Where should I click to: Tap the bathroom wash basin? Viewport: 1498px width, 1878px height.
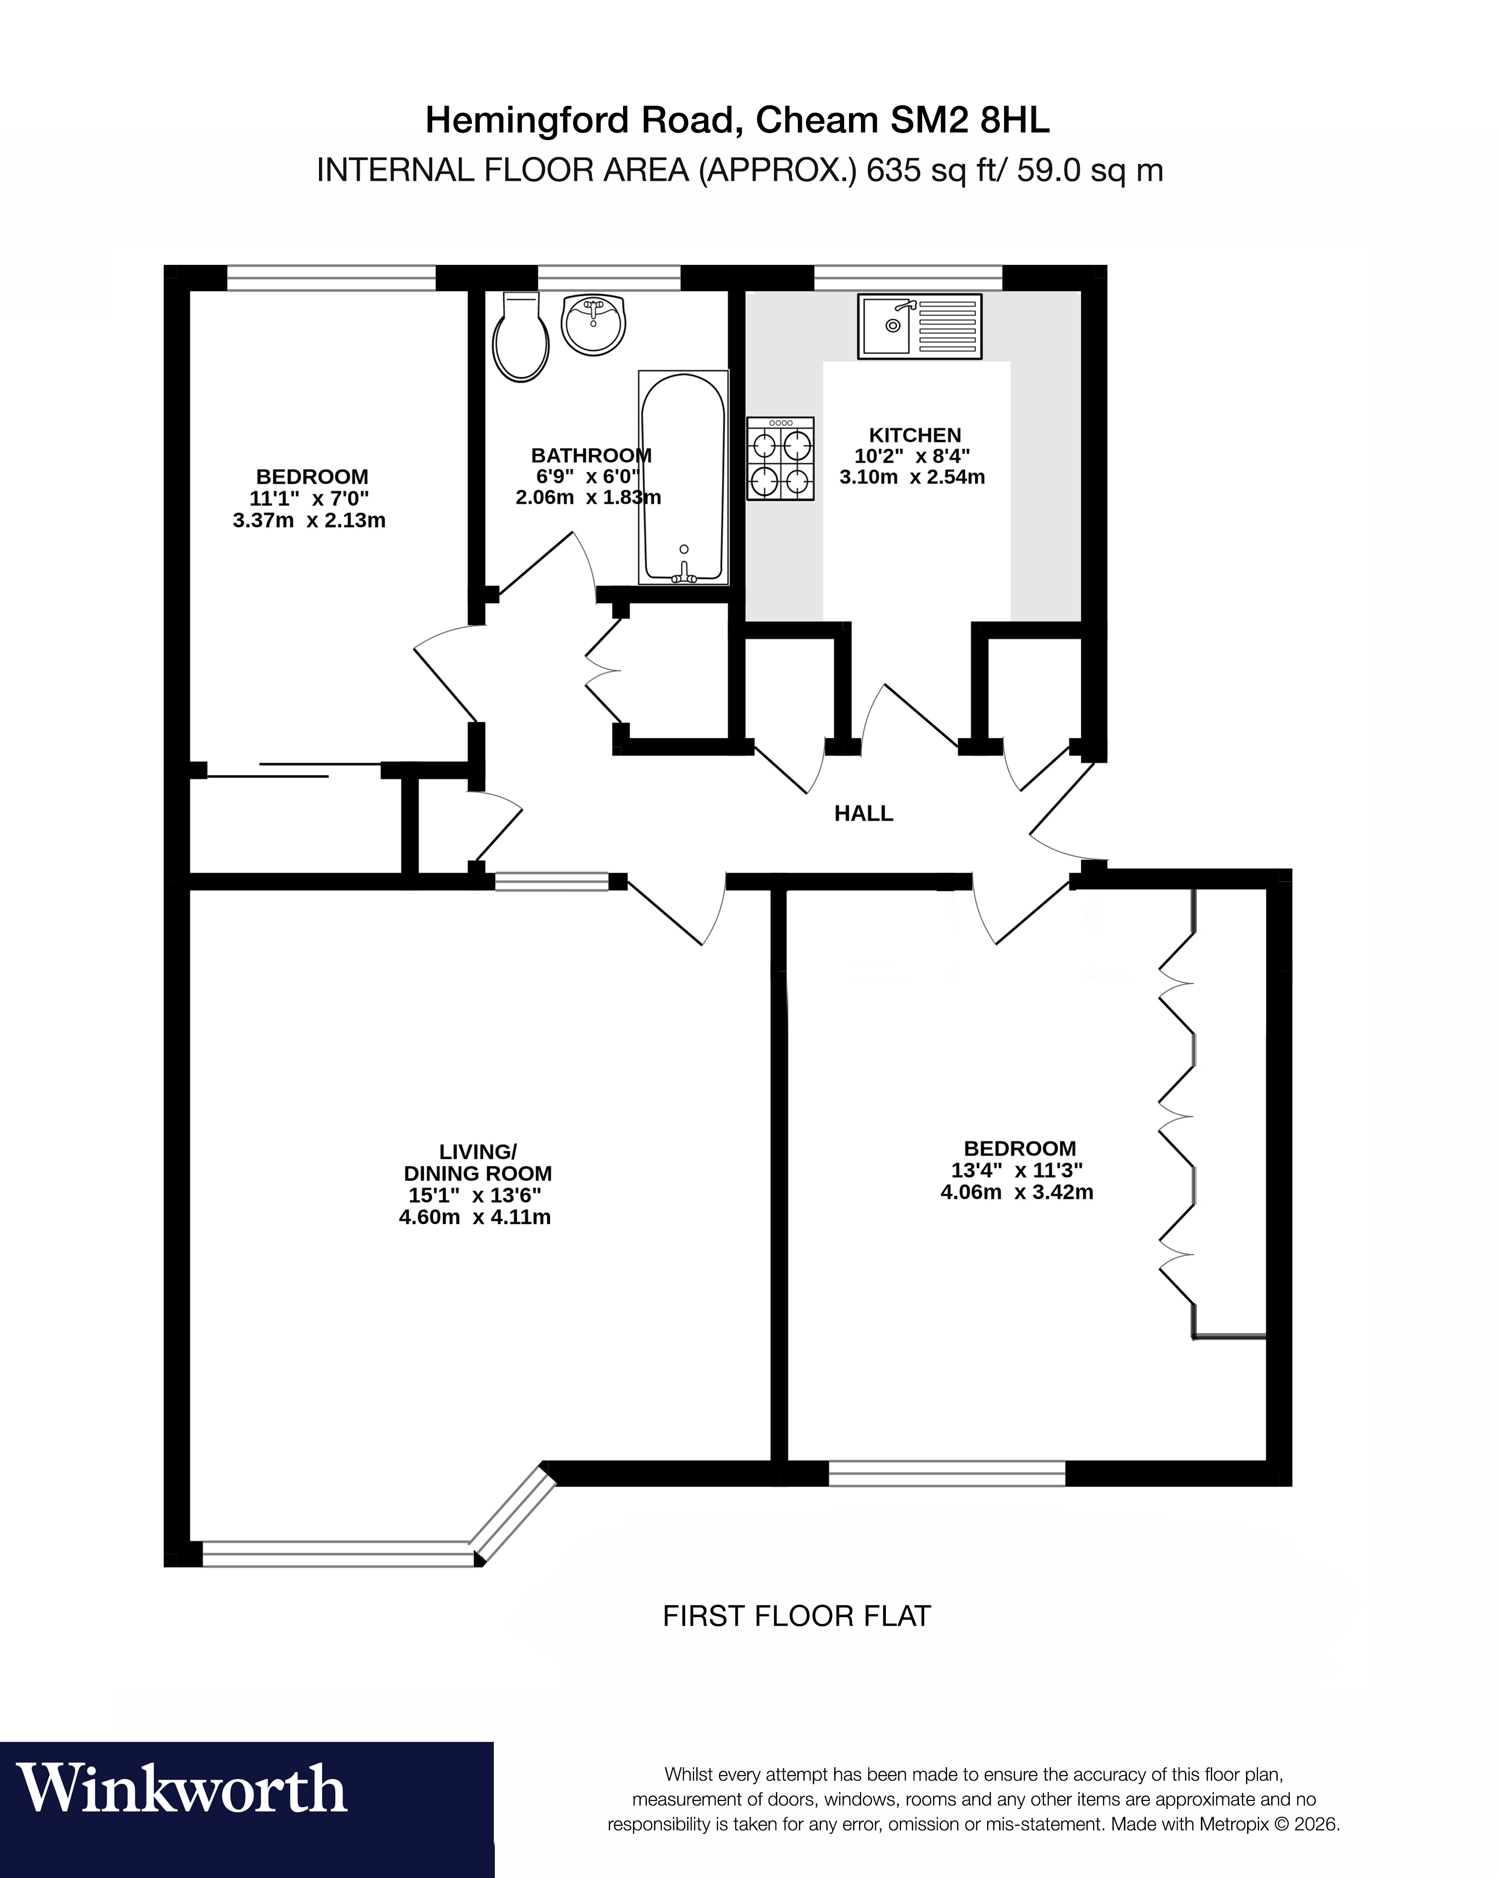593,324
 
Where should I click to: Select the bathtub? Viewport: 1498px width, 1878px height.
684,477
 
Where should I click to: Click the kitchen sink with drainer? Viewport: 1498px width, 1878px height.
920,326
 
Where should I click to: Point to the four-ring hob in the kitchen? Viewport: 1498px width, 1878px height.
781,458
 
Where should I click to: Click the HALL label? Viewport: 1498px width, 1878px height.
863,814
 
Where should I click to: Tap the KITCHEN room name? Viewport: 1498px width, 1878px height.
915,435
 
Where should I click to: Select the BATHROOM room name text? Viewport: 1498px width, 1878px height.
590,455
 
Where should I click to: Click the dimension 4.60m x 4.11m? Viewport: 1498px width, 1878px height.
474,1217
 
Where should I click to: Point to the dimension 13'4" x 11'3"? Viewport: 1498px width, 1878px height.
1017,1170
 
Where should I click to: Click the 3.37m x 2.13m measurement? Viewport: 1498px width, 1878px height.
309,520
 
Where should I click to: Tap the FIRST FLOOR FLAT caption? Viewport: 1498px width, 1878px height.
796,1616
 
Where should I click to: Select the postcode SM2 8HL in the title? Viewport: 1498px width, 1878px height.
969,120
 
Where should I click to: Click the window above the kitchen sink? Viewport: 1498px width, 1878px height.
908,278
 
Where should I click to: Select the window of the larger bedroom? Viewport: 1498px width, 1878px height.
946,1474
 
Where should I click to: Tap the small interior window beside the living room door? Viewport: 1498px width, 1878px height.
552,881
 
